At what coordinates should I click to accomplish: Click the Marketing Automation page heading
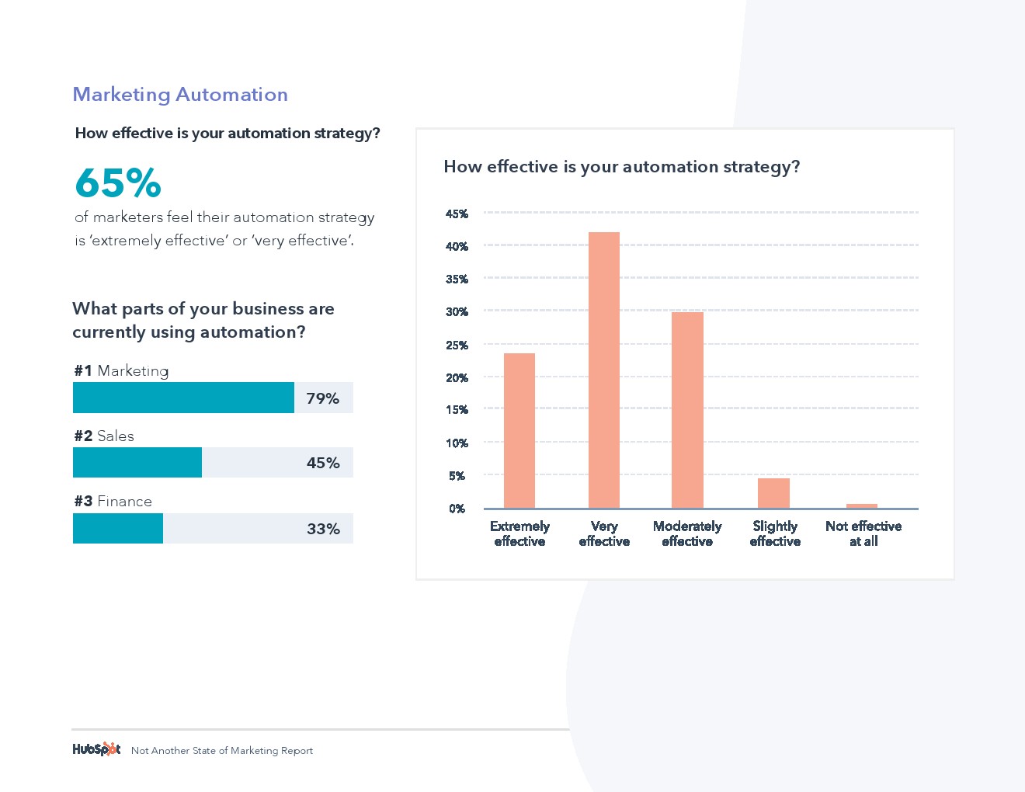[180, 95]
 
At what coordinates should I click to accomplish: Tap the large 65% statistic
[118, 183]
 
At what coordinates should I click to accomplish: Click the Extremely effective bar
[519, 431]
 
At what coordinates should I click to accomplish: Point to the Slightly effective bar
[773, 493]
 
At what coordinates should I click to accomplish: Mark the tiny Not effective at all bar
[862, 506]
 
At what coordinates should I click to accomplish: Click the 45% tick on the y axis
[457, 214]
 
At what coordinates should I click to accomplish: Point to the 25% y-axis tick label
[457, 345]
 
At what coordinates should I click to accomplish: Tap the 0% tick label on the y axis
[457, 509]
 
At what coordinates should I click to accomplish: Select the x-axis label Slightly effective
[775, 533]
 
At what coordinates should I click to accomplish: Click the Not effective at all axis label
[863, 533]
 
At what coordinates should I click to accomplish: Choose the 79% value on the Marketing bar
[322, 398]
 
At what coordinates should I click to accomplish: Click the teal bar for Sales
[137, 463]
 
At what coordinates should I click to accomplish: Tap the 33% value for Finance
[323, 529]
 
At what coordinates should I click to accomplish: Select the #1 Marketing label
[121, 371]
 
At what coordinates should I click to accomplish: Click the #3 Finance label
[113, 502]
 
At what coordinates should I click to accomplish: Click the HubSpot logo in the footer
[96, 749]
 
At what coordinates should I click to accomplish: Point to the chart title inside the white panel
[621, 167]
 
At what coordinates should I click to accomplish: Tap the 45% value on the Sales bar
[323, 463]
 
